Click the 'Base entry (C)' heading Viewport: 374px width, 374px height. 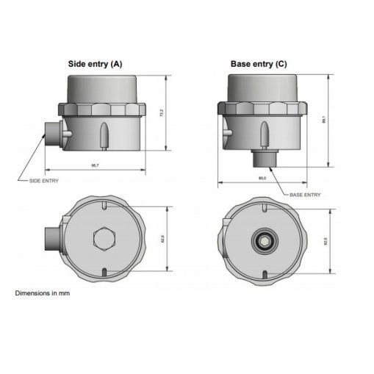[x=259, y=64]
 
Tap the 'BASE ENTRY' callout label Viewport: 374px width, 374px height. [x=305, y=195]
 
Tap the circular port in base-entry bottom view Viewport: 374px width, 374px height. [x=262, y=239]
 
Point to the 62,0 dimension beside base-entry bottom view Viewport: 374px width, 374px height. [x=324, y=240]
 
